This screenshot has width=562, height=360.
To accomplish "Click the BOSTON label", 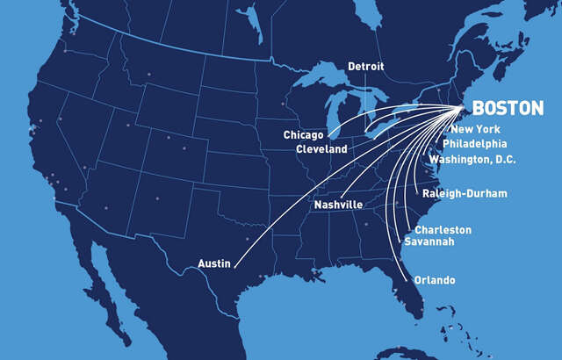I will coord(508,109).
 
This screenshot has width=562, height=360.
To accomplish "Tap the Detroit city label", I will coord(366,67).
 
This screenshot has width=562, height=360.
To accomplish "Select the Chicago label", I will coord(304,135).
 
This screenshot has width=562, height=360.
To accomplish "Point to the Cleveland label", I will coord(321,149).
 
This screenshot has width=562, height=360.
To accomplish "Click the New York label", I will coord(475,130).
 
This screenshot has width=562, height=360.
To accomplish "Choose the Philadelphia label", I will coord(475,143).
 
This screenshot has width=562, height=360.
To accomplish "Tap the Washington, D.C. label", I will coord(472,160).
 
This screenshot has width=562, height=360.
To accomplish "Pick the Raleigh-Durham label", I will coord(465,193).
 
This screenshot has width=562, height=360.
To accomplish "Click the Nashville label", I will coord(338,205).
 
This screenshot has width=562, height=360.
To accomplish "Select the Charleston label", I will coord(443,230).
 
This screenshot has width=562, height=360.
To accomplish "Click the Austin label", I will coord(215,263).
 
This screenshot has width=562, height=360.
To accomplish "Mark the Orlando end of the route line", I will coord(409,280).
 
